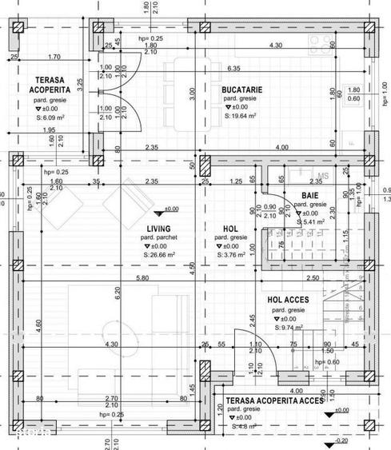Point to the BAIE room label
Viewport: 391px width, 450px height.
(310, 195)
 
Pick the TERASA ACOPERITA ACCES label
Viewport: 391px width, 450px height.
(274, 400)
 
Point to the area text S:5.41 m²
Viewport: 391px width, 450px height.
(310, 223)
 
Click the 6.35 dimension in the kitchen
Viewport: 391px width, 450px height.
(234, 69)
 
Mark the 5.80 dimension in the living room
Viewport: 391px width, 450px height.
(142, 278)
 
